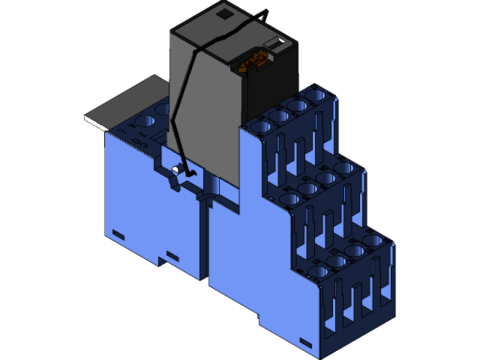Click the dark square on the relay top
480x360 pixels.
[x=223, y=13]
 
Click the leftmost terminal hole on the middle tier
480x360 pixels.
[x=289, y=199]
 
